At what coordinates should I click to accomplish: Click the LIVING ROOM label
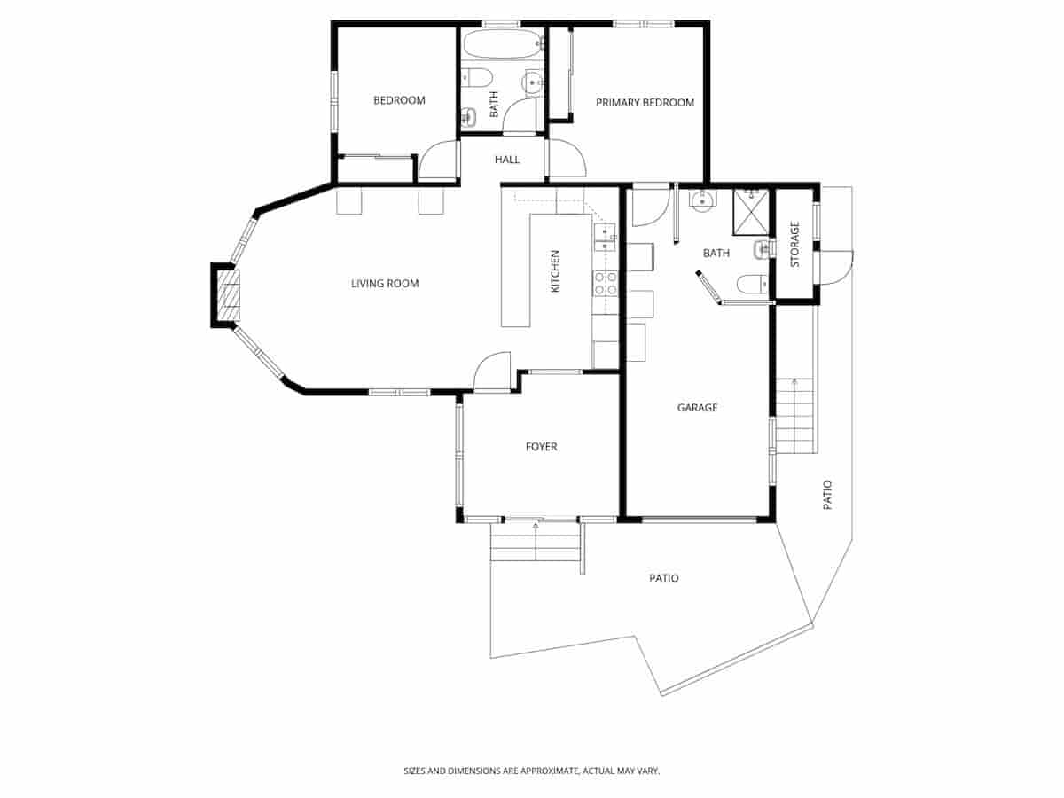point(384,284)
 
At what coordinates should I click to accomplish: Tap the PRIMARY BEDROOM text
point(645,103)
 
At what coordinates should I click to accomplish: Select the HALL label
point(507,160)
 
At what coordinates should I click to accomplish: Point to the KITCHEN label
point(556,271)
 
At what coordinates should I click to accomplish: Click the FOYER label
point(541,447)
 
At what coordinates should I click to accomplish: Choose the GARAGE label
point(697,408)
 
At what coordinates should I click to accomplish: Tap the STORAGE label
point(794,245)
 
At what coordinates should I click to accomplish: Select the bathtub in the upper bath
point(502,43)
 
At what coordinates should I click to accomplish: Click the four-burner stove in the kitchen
point(606,283)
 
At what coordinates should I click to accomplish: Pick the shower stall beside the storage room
point(750,211)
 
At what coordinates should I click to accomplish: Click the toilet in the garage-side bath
point(750,285)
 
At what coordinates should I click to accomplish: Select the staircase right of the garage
point(794,415)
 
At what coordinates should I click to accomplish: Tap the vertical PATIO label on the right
point(827,494)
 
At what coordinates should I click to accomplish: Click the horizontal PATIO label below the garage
point(664,578)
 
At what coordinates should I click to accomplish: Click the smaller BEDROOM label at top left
point(399,100)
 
